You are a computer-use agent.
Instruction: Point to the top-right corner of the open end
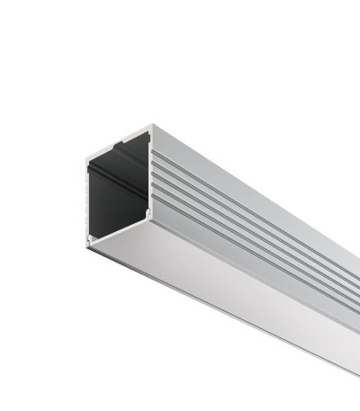tap(148, 125)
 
